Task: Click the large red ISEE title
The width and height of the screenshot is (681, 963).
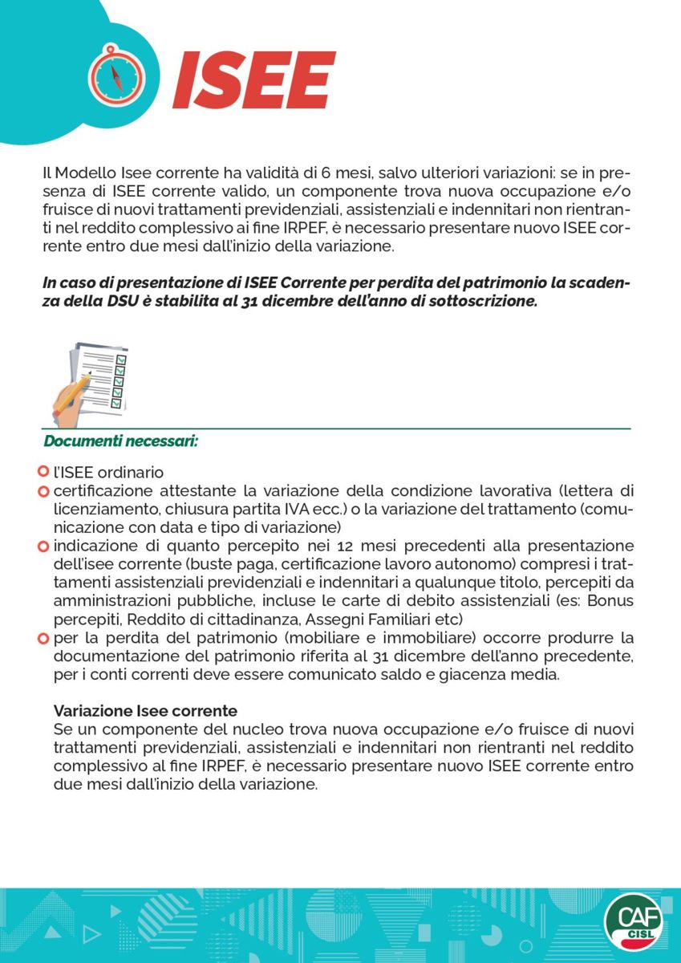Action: point(253,80)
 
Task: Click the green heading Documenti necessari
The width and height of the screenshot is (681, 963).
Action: point(121,441)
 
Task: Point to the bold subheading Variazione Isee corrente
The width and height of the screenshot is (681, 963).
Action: point(145,711)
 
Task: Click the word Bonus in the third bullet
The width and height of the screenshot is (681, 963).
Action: point(612,601)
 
